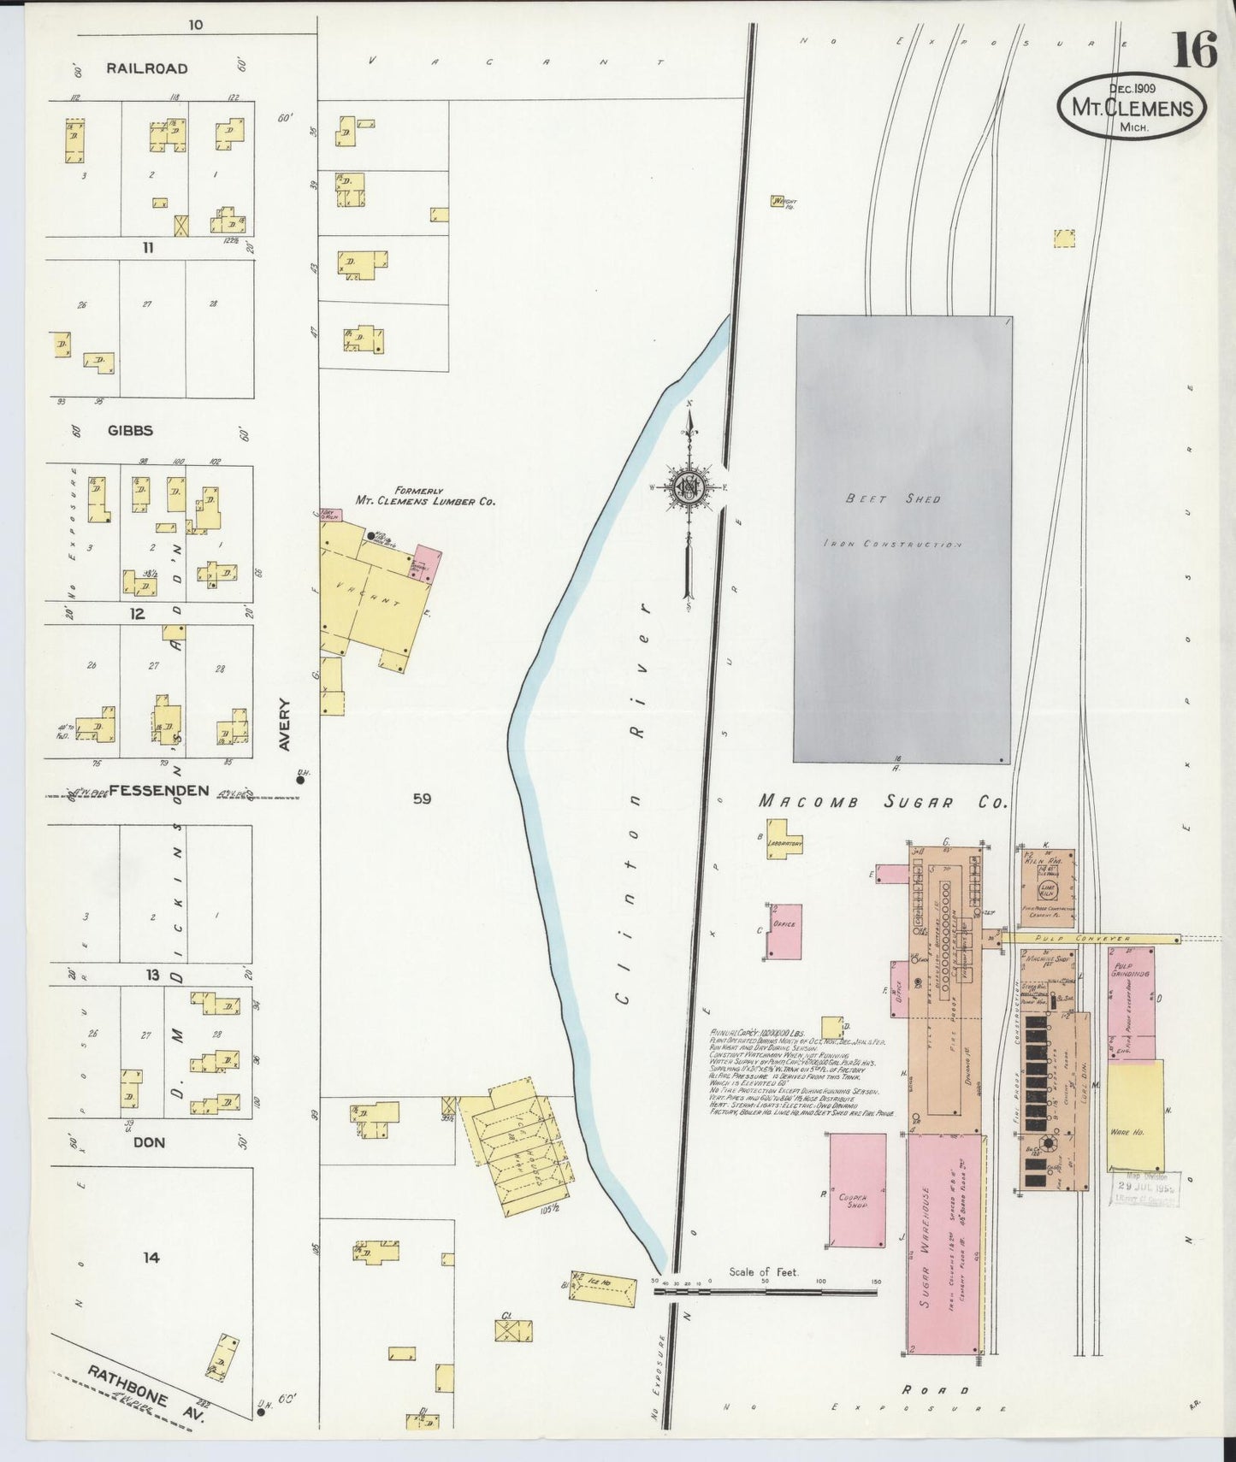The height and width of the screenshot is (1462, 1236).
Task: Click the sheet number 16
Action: pos(1194,50)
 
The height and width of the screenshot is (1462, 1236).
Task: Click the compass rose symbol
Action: pos(689,486)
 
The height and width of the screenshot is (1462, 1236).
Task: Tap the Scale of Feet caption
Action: pos(763,1271)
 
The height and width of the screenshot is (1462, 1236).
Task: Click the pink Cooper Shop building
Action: pos(856,1189)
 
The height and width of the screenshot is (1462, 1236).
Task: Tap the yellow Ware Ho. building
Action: pos(1135,1116)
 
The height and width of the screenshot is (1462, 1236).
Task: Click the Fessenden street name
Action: pos(158,790)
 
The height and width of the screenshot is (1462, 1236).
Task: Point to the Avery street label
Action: pos(285,725)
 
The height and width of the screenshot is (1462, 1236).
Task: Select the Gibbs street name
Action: pos(130,431)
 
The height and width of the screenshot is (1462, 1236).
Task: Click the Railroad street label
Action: pos(147,68)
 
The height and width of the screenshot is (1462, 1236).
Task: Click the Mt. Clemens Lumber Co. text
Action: pos(425,501)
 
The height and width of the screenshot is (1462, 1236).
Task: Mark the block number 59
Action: pos(422,799)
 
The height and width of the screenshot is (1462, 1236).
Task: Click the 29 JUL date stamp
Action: pos(1145,1188)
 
